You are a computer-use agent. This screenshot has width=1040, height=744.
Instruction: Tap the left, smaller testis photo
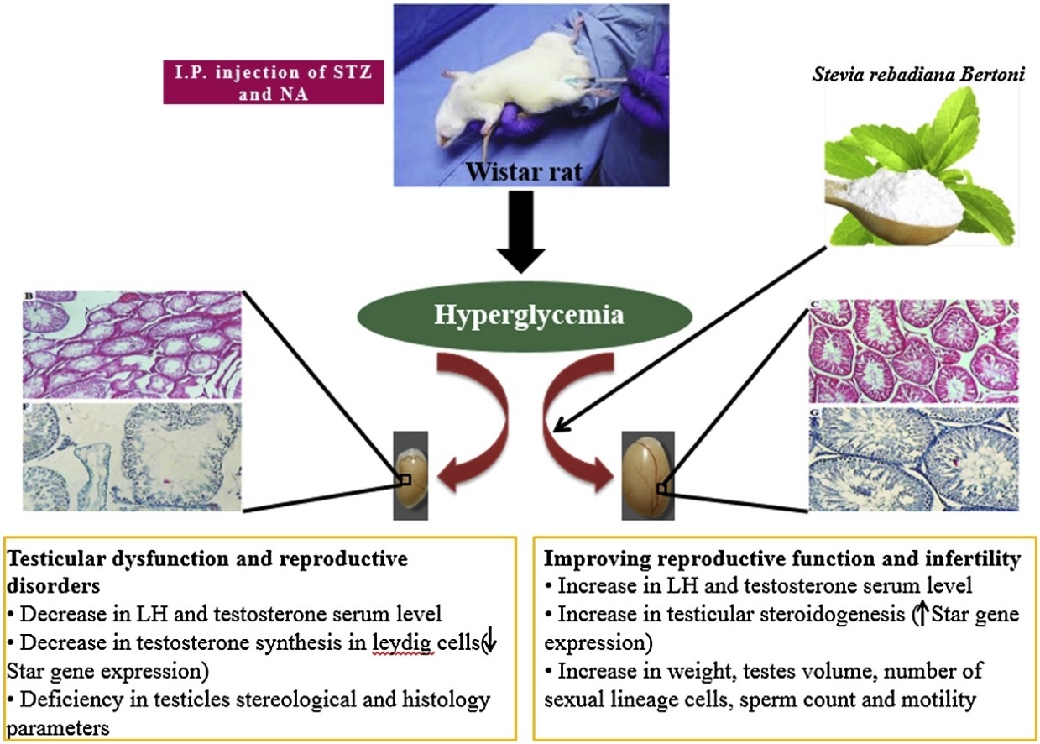pyautogui.click(x=411, y=475)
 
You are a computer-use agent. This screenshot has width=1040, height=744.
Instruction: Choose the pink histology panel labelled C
pyautogui.click(x=913, y=351)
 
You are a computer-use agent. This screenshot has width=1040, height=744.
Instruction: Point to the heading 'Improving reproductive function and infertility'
pyautogui.click(x=782, y=558)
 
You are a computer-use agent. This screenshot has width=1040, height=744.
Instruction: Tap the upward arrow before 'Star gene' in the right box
pyautogui.click(x=920, y=615)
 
